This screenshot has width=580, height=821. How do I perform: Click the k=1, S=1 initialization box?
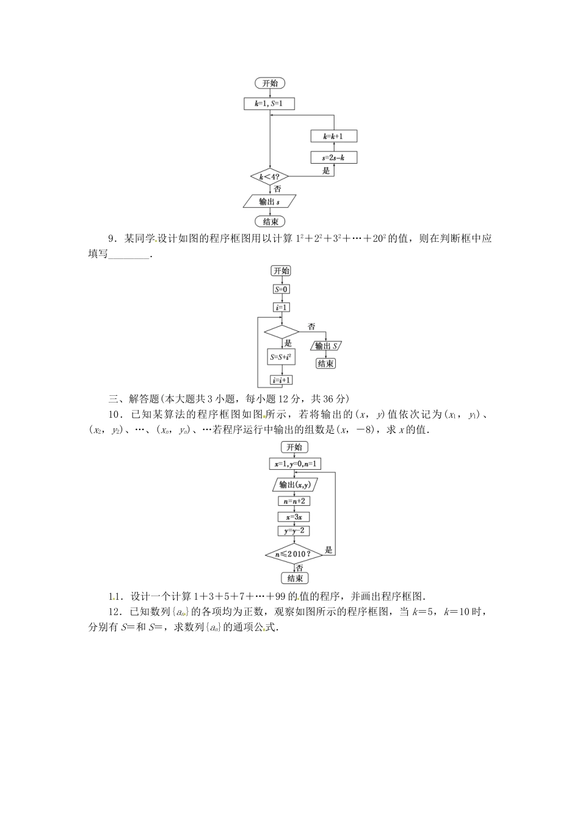[x=269, y=104]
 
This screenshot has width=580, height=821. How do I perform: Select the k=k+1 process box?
[x=333, y=136]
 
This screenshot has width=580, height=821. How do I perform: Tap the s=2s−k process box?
[x=333, y=158]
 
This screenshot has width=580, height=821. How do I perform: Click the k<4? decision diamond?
[x=269, y=178]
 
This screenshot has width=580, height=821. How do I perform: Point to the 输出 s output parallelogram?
[x=269, y=201]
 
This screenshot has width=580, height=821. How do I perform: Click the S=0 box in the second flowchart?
[x=281, y=290]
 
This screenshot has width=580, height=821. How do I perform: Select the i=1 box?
[x=281, y=307]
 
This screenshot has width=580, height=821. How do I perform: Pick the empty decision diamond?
[x=281, y=332]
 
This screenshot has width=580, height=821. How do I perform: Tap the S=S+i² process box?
[x=281, y=356]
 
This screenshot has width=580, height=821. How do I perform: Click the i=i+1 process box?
[x=281, y=380]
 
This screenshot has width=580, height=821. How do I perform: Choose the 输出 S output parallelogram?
[x=326, y=346]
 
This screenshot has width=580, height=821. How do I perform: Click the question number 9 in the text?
[x=111, y=239]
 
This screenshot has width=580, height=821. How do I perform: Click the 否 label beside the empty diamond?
[x=311, y=327]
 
